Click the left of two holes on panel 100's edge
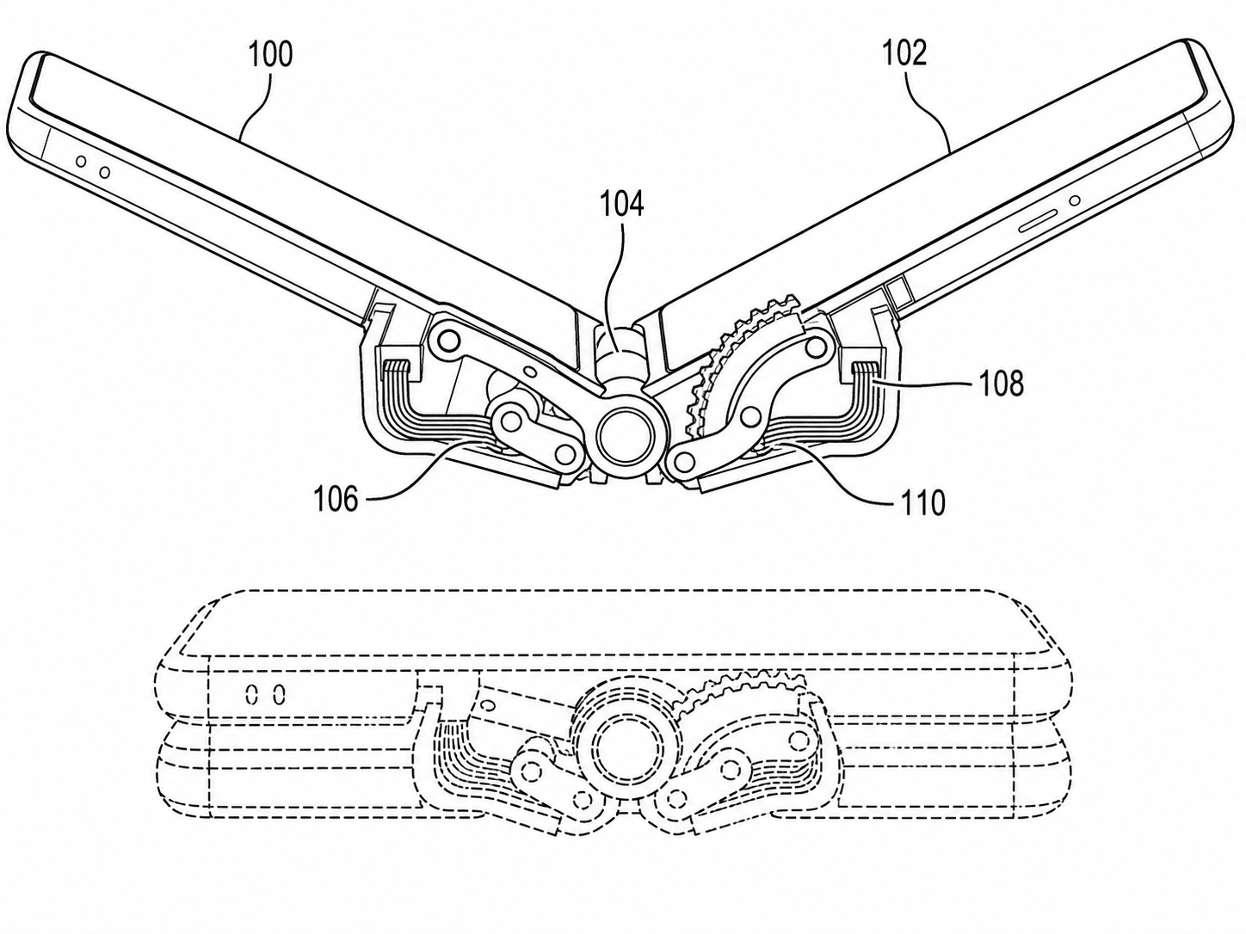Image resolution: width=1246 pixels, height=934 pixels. (81, 163)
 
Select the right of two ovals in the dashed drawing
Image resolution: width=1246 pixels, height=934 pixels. (278, 695)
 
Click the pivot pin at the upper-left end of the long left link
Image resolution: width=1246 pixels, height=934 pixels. (450, 341)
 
